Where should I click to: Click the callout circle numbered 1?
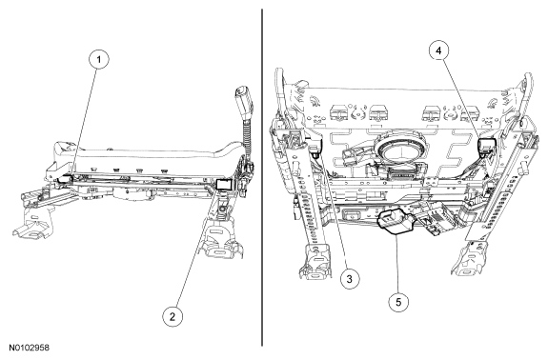tap(99, 60)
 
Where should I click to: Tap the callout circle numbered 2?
tap(173, 317)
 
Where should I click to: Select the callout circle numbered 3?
tap(349, 279)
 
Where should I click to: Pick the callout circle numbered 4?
tap(438, 50)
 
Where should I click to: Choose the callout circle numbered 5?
tap(398, 302)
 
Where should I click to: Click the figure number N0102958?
tap(29, 348)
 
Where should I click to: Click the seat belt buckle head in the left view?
tap(242, 101)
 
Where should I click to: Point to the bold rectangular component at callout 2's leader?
tap(223, 185)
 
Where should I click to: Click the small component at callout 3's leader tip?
tap(315, 154)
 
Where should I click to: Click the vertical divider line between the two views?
tap(262, 177)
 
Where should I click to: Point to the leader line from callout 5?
tap(396, 263)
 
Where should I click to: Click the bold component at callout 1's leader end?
tap(66, 178)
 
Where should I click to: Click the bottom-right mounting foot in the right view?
tap(469, 259)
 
